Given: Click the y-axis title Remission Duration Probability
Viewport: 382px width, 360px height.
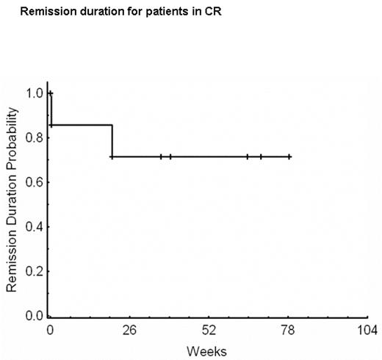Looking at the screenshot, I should tap(12, 198).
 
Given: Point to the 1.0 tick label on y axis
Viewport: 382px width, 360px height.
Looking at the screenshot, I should tap(34, 93).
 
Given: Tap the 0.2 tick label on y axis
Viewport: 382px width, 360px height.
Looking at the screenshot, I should tap(34, 272).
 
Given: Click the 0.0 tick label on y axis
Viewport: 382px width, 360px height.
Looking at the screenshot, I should tap(34, 317).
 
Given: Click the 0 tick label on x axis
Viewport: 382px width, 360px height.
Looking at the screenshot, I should tap(49, 328).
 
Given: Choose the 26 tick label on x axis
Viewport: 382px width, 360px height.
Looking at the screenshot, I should tap(129, 328).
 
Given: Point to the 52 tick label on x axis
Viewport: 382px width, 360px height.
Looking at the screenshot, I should tap(209, 328).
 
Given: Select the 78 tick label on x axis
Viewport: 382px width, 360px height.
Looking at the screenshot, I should tap(288, 328).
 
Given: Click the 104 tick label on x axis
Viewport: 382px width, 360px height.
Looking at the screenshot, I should tap(367, 328).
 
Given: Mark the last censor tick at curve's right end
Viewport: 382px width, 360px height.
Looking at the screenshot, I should tap(289, 156).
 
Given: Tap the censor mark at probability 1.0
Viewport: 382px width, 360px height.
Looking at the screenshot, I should tap(51, 93).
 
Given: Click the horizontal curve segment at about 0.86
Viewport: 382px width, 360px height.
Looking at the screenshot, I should tap(81, 125).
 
